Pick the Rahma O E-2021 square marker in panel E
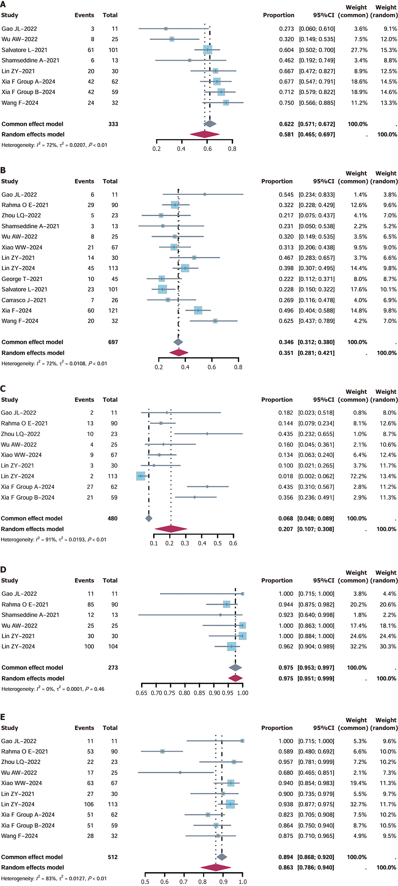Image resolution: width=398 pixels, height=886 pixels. tap(162, 751)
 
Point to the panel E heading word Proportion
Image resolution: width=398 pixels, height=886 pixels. tap(277, 728)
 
